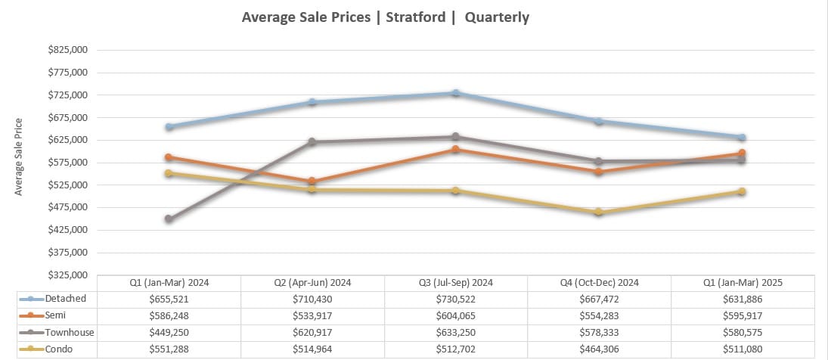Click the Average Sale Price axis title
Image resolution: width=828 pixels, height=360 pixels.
tap(19, 157)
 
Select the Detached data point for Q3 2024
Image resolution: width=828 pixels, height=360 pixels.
tap(456, 93)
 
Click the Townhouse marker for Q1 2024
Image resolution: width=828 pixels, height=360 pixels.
tap(169, 219)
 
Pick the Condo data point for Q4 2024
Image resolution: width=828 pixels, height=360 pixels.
tap(598, 213)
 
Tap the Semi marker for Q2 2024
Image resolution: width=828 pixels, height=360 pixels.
tap(312, 182)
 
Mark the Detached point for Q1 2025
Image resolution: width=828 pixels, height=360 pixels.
tap(743, 138)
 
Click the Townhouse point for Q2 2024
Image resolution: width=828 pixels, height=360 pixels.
tap(312, 142)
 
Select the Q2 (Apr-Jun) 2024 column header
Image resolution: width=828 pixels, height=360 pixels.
tap(312, 283)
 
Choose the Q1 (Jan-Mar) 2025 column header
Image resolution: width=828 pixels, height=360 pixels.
tap(743, 283)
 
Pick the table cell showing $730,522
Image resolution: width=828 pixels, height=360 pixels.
tap(455, 299)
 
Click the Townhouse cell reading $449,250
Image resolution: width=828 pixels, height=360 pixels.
tap(169, 333)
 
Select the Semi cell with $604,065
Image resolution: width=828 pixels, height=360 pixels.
tap(455, 316)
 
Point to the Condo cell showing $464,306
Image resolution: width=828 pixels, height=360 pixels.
tap(599, 349)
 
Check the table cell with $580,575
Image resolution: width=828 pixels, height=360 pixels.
tap(743, 333)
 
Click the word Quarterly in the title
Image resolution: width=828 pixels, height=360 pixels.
tap(497, 17)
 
